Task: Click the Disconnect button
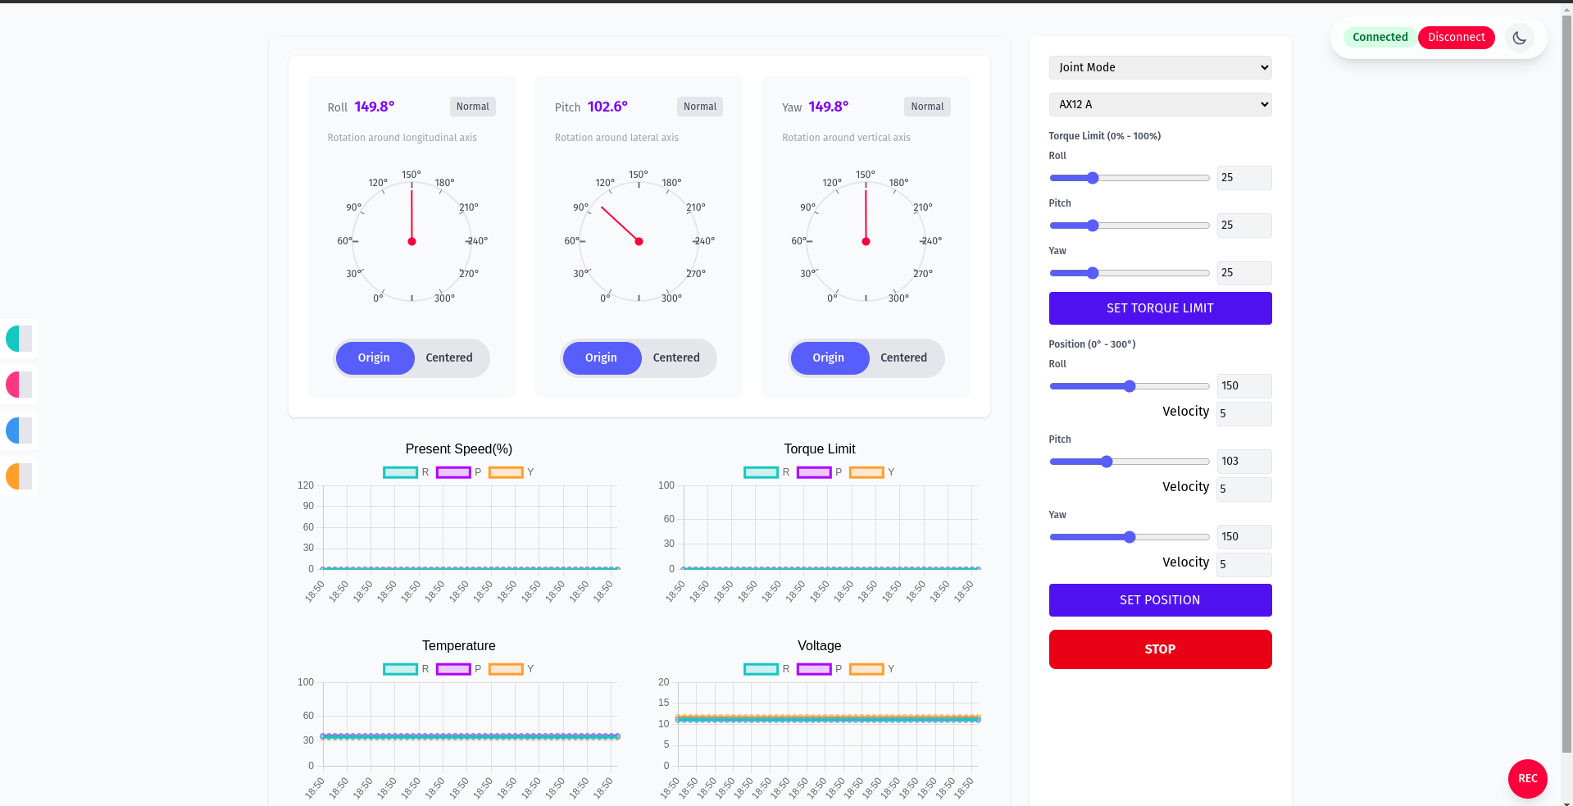tap(1456, 37)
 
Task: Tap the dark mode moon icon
tap(1519, 38)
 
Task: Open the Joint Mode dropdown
tap(1160, 67)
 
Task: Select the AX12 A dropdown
tap(1160, 104)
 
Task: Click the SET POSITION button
tap(1160, 600)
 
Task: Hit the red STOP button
tap(1160, 649)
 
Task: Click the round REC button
tap(1527, 778)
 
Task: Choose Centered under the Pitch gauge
tap(676, 357)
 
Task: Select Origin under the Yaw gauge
tap(828, 357)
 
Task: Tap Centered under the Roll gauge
tap(448, 357)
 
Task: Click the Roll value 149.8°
tap(375, 107)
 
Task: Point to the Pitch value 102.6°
tap(607, 107)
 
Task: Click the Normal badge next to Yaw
tap(927, 107)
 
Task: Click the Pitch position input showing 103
tap(1243, 461)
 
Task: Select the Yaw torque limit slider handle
tap(1093, 273)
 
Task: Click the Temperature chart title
tap(458, 645)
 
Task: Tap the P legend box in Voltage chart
tap(814, 669)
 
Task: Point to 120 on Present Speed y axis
tap(306, 485)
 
